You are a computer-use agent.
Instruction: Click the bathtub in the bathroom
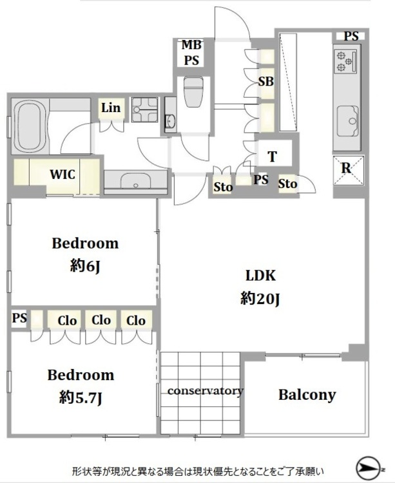pos(30,126)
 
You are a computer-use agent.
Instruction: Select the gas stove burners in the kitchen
pos(345,61)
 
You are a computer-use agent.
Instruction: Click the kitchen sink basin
pos(347,121)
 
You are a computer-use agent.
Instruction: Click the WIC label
pos(63,175)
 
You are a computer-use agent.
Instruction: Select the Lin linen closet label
pos(111,108)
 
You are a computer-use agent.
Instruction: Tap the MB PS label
pos(191,52)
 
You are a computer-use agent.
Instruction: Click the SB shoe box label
pos(265,81)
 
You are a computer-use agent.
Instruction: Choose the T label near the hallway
pos(272,156)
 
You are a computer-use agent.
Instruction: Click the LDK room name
pos(260,276)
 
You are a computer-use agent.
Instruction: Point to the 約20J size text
pos(260,298)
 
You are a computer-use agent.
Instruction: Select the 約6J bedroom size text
pos(85,266)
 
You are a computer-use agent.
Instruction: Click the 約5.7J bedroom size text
pos(81,398)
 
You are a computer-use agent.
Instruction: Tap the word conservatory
pos(206,391)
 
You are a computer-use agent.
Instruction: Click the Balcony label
pos(307,395)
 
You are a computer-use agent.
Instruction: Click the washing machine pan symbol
pos(144,109)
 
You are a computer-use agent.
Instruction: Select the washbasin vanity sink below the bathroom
pos(136,182)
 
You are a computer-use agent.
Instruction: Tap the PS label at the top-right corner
pos(351,36)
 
